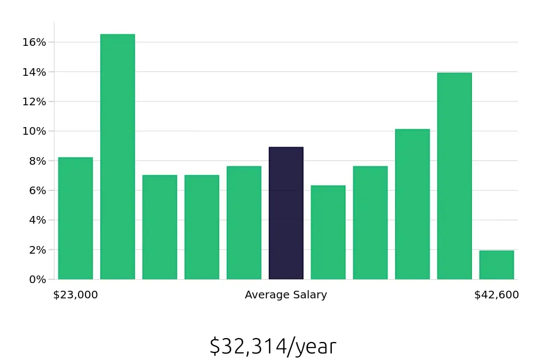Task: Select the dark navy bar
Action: click(286, 213)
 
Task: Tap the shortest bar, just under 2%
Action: click(496, 265)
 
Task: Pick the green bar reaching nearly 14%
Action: click(454, 176)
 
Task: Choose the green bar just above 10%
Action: click(412, 205)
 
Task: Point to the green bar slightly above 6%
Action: click(328, 232)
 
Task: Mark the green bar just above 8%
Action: click(75, 218)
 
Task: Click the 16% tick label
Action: click(34, 43)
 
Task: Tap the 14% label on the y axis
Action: click(34, 72)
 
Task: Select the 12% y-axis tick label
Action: click(34, 101)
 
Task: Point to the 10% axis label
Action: click(34, 131)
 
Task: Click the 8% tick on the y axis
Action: click(37, 161)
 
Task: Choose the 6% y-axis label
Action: click(37, 190)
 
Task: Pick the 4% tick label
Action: click(37, 220)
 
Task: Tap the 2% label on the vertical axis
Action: click(37, 250)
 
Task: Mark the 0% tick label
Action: click(37, 279)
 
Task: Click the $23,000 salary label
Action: click(75, 295)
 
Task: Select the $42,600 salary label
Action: click(496, 295)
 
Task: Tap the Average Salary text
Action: click(286, 295)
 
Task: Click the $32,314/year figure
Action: click(272, 346)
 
